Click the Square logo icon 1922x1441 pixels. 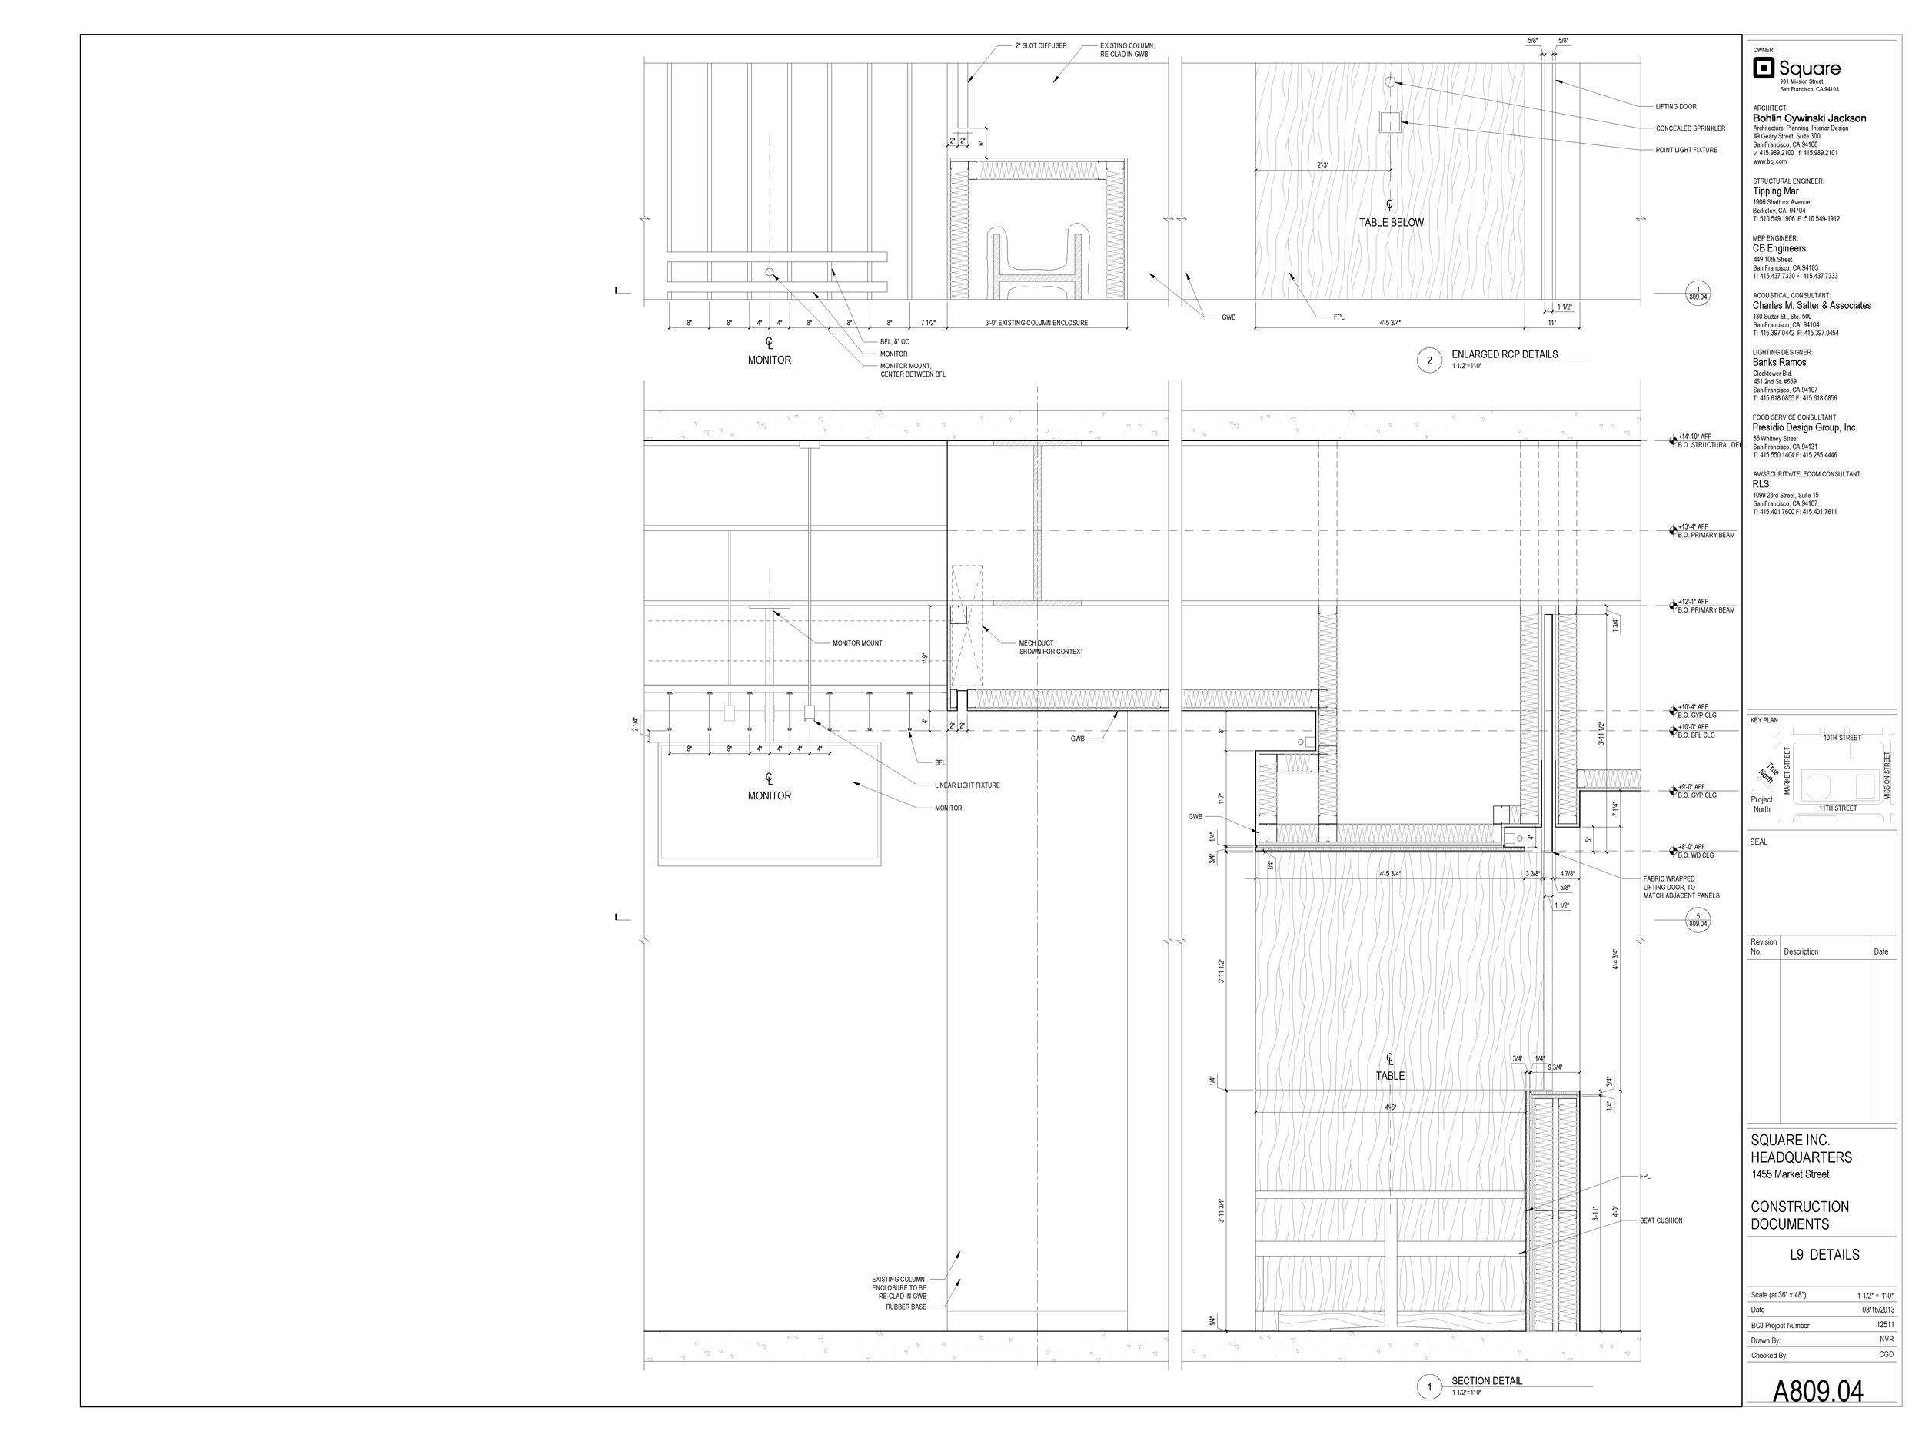tap(1763, 68)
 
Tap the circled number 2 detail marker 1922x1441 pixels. tap(1429, 360)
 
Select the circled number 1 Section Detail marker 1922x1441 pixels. tap(1429, 1387)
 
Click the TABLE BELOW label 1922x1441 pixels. tap(1391, 223)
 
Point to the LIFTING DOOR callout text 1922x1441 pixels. tap(1675, 107)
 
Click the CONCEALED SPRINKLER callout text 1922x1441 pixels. tap(1690, 128)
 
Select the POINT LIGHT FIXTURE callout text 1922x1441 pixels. tap(1686, 151)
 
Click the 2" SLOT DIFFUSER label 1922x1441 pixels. tap(1040, 46)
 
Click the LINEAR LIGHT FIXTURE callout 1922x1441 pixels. tap(966, 785)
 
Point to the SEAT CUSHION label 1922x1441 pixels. tap(1661, 1220)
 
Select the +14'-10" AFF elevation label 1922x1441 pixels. tap(1694, 437)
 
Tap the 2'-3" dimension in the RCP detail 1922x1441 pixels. tap(1322, 165)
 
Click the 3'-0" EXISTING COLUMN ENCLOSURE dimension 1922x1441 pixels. tap(1036, 323)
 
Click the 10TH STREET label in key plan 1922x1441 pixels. tap(1841, 738)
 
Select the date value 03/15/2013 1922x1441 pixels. tap(1876, 1309)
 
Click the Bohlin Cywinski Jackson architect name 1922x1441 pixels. tap(1808, 118)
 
